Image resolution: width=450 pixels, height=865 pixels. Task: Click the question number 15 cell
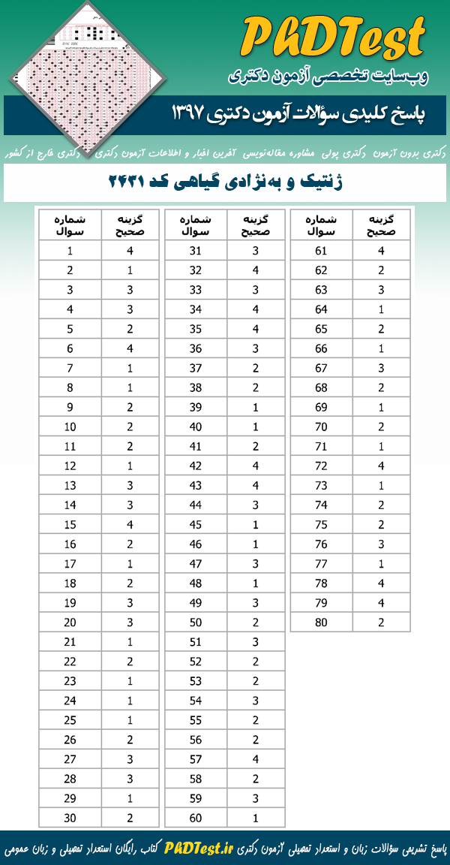click(x=70, y=524)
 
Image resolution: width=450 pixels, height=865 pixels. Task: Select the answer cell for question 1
click(x=130, y=252)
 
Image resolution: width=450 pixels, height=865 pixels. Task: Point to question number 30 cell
click(x=70, y=818)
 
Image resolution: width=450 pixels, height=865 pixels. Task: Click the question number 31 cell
click(x=196, y=252)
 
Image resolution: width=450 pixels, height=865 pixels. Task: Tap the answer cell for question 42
click(x=256, y=466)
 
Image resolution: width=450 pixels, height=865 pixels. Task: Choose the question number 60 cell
click(x=196, y=818)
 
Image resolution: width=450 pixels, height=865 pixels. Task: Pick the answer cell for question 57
click(x=256, y=759)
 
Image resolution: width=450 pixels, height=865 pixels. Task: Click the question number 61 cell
click(x=322, y=252)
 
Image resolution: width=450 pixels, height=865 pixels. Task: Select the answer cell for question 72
click(x=382, y=466)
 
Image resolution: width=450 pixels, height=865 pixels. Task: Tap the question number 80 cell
click(x=322, y=622)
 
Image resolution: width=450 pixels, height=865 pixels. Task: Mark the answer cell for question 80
click(x=382, y=622)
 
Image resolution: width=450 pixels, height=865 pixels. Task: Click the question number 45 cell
click(x=196, y=524)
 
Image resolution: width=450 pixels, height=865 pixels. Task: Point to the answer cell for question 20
click(x=130, y=622)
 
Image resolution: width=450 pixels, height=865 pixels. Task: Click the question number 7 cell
click(x=70, y=368)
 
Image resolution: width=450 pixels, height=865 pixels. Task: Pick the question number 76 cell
click(x=322, y=544)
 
